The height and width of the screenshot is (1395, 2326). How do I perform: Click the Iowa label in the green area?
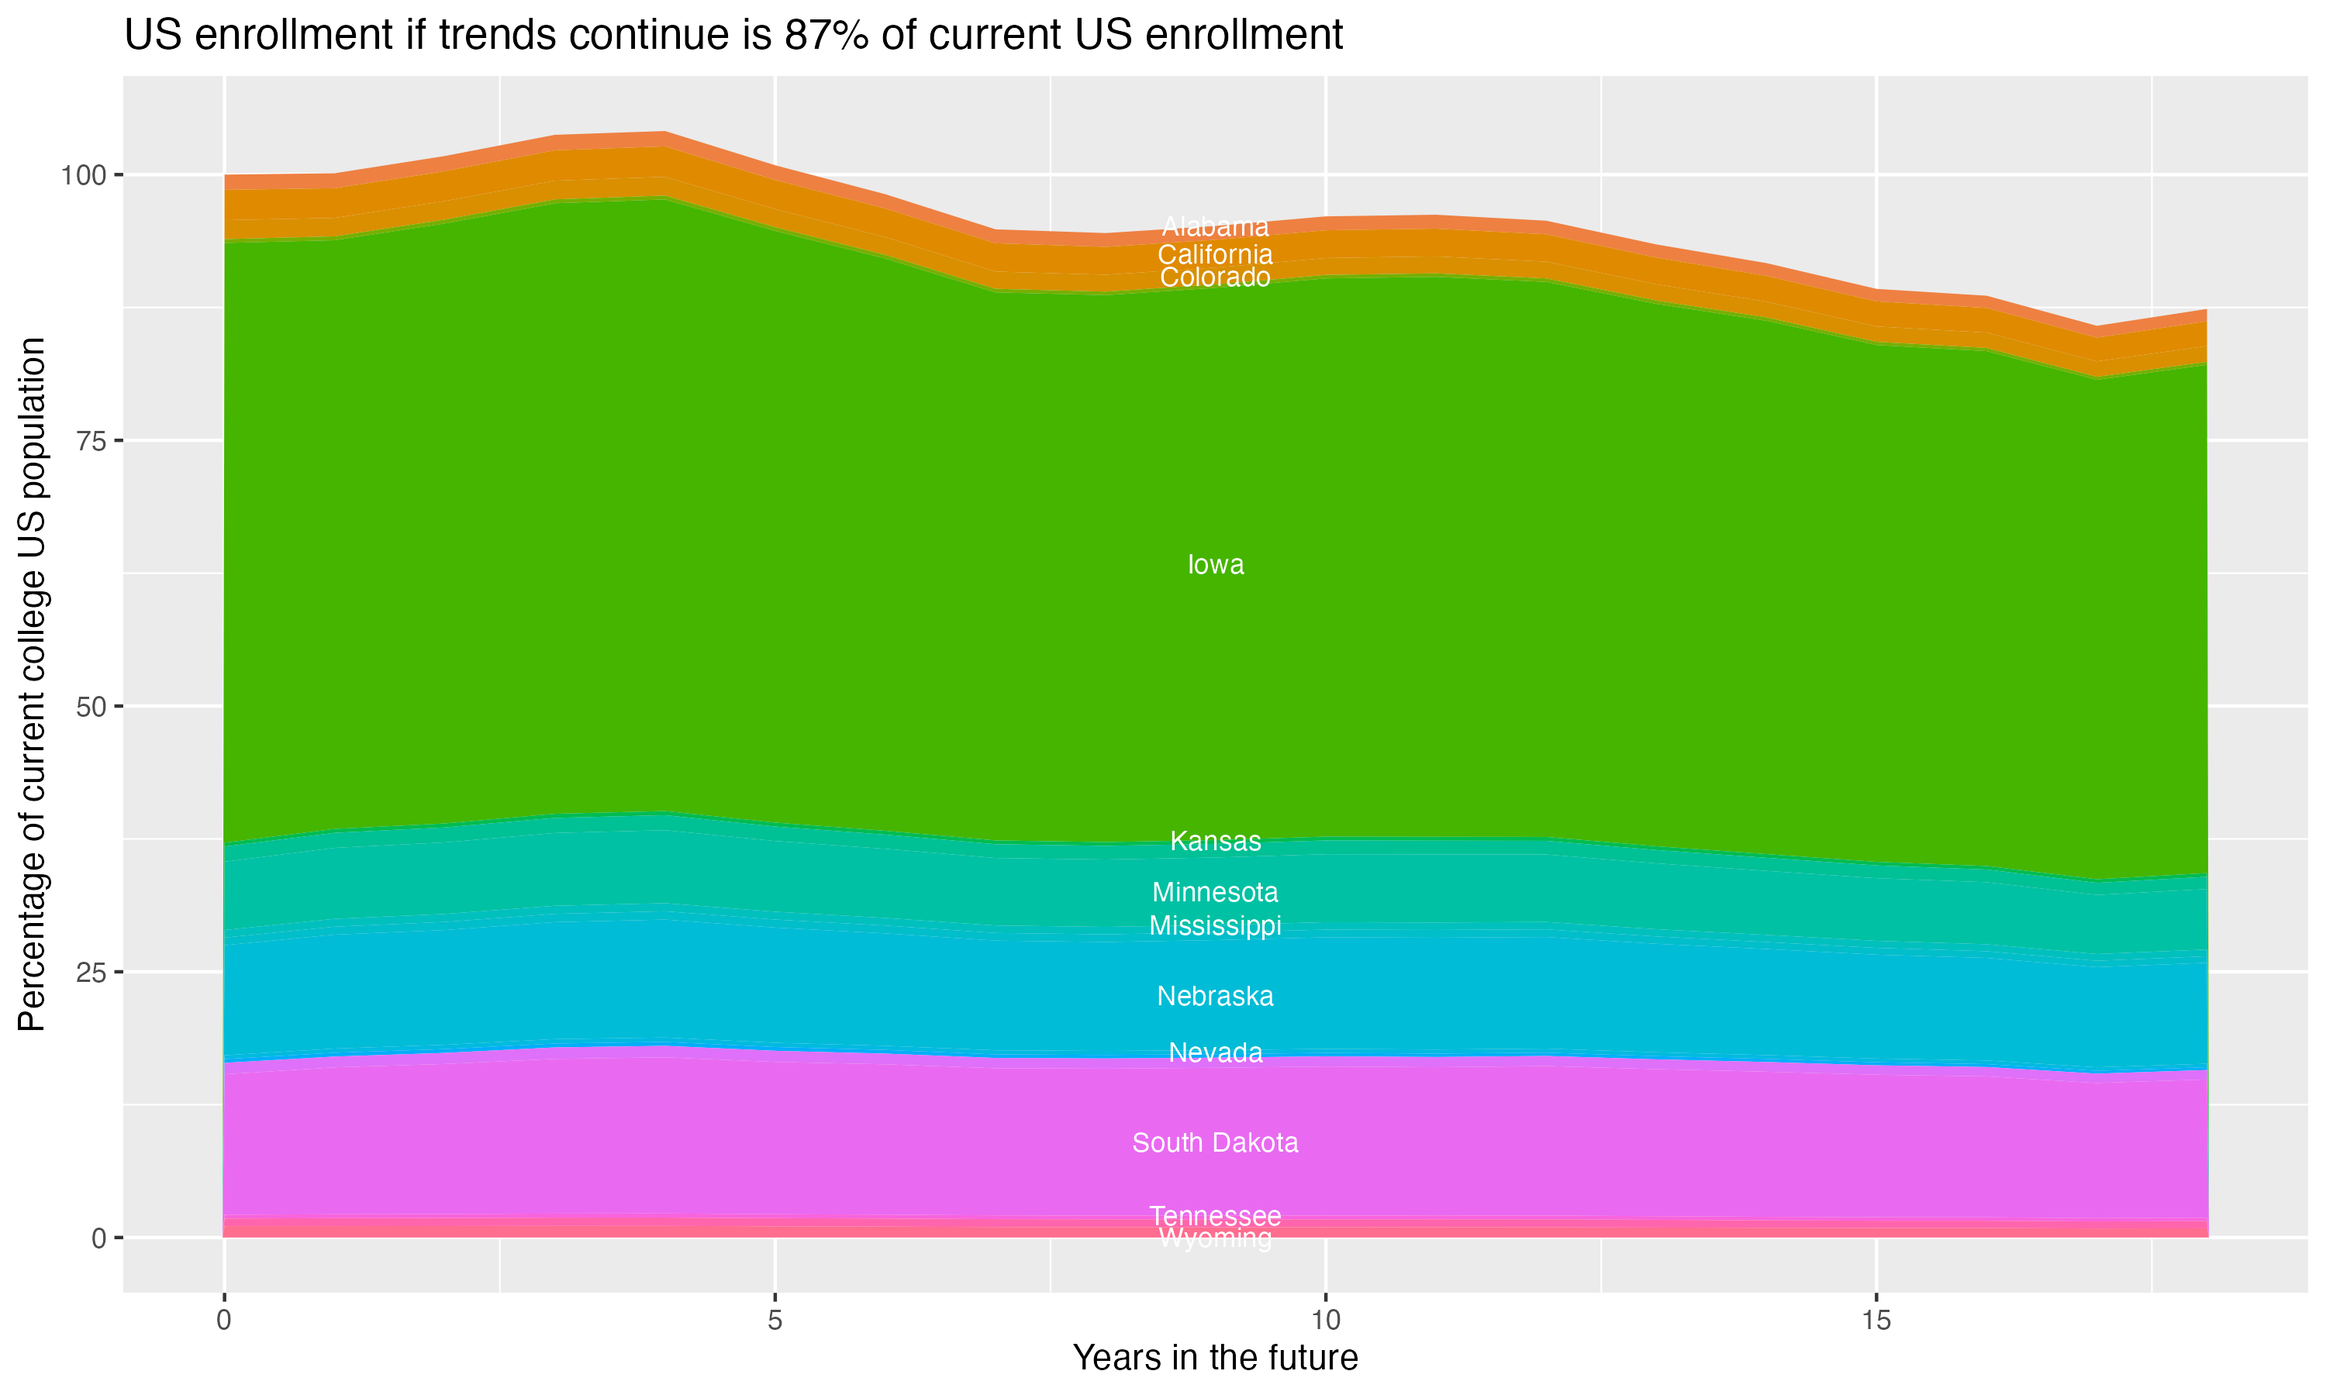coord(1215,565)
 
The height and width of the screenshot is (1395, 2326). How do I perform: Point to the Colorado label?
coord(1215,277)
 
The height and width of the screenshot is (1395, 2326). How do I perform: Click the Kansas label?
coord(1215,842)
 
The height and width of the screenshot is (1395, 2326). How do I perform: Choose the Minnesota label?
coord(1215,892)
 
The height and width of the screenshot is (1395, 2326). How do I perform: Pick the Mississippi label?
coord(1215,926)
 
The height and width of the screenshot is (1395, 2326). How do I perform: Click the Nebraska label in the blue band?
coord(1215,997)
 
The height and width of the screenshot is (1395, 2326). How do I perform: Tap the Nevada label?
coord(1215,1052)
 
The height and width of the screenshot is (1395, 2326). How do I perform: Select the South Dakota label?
coord(1215,1143)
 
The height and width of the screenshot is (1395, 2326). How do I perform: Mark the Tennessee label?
coord(1215,1215)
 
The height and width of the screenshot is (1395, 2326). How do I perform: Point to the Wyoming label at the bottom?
coord(1215,1239)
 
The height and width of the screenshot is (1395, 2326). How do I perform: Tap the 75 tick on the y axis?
coord(91,441)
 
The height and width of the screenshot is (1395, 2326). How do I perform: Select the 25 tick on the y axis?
coord(91,972)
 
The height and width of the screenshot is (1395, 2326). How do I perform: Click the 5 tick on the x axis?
coord(775,1321)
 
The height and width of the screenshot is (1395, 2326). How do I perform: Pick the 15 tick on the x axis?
coord(1876,1321)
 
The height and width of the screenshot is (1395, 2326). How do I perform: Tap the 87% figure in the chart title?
coord(823,36)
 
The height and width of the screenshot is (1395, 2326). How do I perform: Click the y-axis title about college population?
coord(32,684)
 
